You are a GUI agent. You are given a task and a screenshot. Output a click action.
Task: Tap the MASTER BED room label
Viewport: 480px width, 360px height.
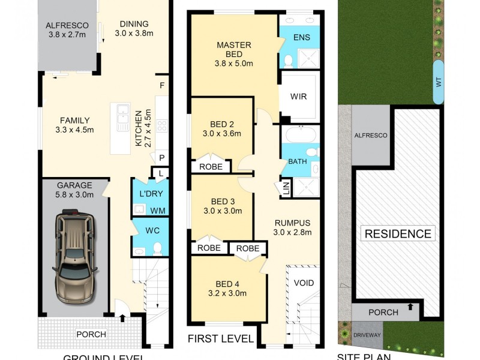point(234,45)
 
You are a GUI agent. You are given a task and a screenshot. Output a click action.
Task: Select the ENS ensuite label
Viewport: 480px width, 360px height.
point(301,37)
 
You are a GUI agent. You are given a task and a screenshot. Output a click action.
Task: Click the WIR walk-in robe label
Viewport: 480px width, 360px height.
point(299,96)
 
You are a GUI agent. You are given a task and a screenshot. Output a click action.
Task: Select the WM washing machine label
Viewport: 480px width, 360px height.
point(157,211)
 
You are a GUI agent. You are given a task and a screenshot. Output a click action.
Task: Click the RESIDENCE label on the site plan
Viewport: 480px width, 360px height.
point(398,233)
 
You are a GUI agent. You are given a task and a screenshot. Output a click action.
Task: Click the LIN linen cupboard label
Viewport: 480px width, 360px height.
point(286,188)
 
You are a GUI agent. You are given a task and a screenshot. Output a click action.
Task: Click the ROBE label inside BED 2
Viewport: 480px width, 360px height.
point(211,166)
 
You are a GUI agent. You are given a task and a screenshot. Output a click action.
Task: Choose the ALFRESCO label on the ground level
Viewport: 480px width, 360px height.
point(67,26)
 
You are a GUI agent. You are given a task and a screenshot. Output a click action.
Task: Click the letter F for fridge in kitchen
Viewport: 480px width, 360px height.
point(161,86)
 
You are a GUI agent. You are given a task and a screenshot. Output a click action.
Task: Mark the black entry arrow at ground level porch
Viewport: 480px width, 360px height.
point(122,318)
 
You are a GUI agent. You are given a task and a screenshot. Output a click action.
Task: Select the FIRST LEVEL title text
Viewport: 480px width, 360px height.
point(220,339)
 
